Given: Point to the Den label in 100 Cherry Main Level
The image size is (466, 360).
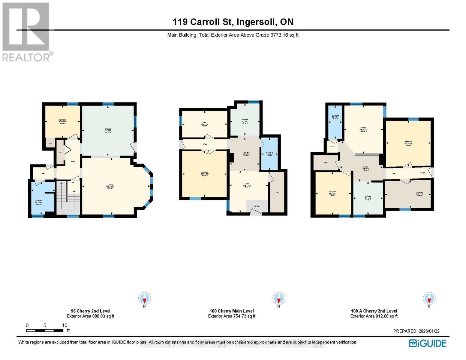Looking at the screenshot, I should [204, 124].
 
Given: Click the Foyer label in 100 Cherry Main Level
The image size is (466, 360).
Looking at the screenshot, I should [257, 206].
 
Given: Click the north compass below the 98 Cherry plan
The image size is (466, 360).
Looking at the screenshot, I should [145, 299].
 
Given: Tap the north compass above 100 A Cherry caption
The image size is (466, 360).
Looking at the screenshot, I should [429, 299].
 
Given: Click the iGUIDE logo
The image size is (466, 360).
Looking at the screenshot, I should [428, 343].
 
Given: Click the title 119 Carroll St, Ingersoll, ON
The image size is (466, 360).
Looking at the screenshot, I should [233, 22].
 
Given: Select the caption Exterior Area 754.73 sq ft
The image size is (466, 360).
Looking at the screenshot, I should [232, 316].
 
